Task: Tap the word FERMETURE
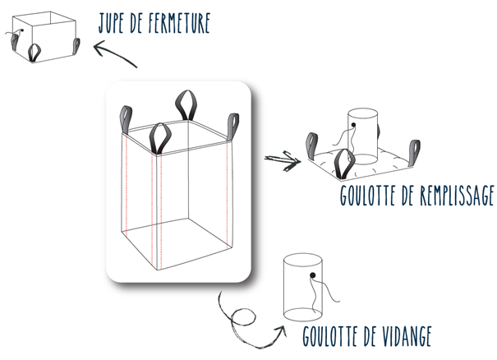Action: pyautogui.click(x=179, y=23)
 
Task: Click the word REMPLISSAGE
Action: pyautogui.click(x=457, y=196)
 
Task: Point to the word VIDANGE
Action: pyautogui.click(x=400, y=336)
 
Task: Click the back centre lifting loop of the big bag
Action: pyautogui.click(x=186, y=105)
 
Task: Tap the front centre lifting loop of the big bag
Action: pyautogui.click(x=160, y=139)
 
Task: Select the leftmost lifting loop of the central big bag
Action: pyautogui.click(x=126, y=120)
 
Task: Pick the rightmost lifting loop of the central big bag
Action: pyautogui.click(x=233, y=127)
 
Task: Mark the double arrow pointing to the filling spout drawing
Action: pyautogui.click(x=283, y=161)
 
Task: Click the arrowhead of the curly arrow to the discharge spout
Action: pyautogui.click(x=281, y=330)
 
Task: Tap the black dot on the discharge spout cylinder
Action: pyautogui.click(x=313, y=275)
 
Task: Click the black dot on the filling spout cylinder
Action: pyautogui.click(x=353, y=125)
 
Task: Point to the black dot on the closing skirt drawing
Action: pyautogui.click(x=22, y=30)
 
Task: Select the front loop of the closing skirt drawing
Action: pyautogui.click(x=35, y=53)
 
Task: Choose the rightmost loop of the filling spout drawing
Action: pyautogui.click(x=415, y=153)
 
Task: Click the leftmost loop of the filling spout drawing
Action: pyautogui.click(x=311, y=146)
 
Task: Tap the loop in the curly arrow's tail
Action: pyautogui.click(x=243, y=317)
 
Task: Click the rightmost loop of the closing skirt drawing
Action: pyautogui.click(x=76, y=46)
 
